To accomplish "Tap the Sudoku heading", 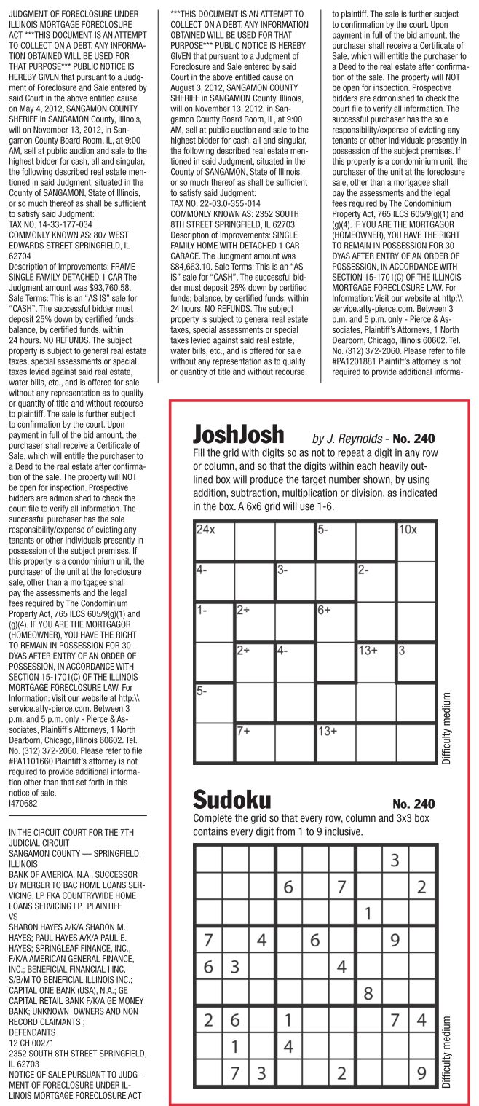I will pos(231,800).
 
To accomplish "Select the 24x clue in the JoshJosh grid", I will pos(206,530).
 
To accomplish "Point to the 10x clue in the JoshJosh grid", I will pos(407,530).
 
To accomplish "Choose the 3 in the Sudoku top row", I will pos(395,860).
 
